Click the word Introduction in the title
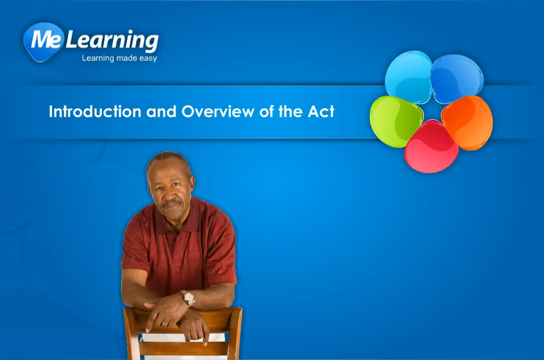(95, 112)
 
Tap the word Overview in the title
(218, 112)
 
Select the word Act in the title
(321, 112)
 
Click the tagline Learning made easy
(120, 58)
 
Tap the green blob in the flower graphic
(396, 122)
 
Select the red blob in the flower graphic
(431, 147)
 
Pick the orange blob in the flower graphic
(467, 123)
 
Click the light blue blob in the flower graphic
(409, 77)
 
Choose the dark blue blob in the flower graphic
(456, 79)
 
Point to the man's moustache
(172, 203)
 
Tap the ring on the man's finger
(165, 324)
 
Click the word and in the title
(161, 112)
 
